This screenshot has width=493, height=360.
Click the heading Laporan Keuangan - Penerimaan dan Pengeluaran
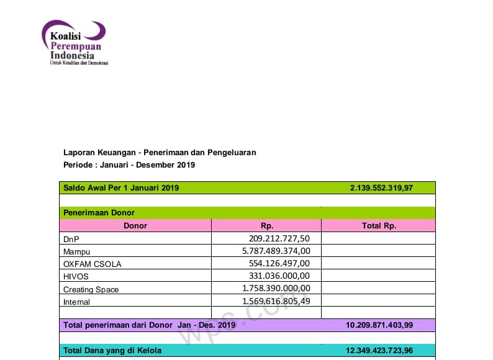[x=160, y=152]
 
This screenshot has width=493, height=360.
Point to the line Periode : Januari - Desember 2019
[x=129, y=165]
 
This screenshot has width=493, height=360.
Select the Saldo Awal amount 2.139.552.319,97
[x=381, y=187]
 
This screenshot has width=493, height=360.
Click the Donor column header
[x=135, y=226]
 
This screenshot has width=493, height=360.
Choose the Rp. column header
[x=267, y=226]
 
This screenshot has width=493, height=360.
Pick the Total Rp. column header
[x=379, y=226]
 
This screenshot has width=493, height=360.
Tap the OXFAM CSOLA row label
[x=93, y=264]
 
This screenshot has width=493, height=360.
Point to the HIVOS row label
[x=75, y=276]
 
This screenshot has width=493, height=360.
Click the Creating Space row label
[x=91, y=289]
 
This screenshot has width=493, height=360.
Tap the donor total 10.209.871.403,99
[x=379, y=325]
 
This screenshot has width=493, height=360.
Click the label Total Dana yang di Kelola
[x=112, y=351]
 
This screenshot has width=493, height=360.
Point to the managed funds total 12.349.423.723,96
[x=379, y=351]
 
